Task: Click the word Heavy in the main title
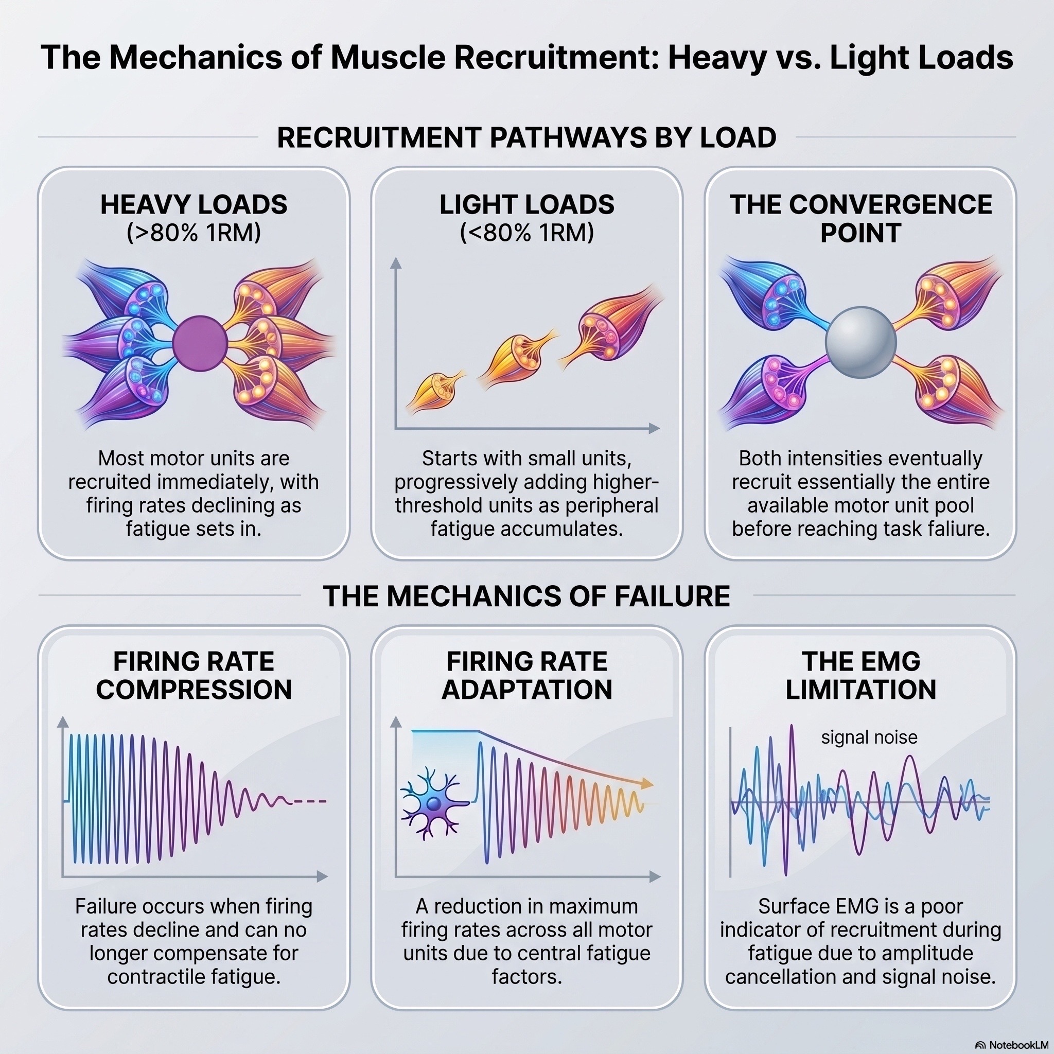click(717, 58)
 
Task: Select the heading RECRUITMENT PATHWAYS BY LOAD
click(526, 137)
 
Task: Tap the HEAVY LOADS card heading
click(194, 205)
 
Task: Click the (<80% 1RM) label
click(526, 233)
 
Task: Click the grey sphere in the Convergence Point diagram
click(860, 342)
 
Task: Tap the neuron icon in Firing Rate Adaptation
click(434, 803)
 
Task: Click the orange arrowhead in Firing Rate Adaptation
click(647, 783)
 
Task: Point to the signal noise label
click(869, 737)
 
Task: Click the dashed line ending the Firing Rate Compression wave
click(309, 801)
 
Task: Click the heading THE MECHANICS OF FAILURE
click(526, 596)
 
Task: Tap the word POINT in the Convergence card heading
click(860, 234)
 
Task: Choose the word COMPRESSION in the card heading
click(194, 690)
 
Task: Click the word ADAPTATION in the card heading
click(526, 690)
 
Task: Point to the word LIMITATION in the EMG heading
click(861, 690)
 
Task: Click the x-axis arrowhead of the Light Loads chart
click(655, 428)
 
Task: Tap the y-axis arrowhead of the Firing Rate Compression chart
click(63, 722)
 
